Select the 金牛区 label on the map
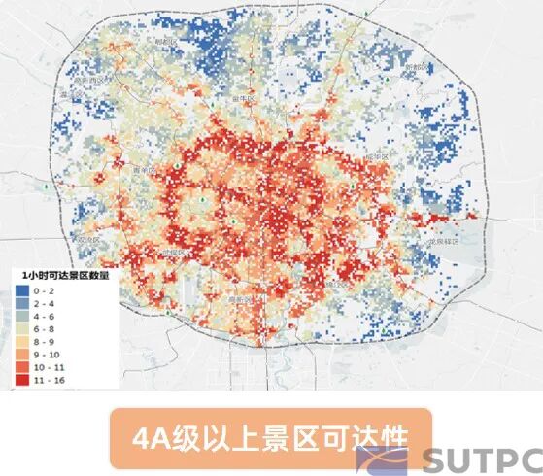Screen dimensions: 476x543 click(244, 100)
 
